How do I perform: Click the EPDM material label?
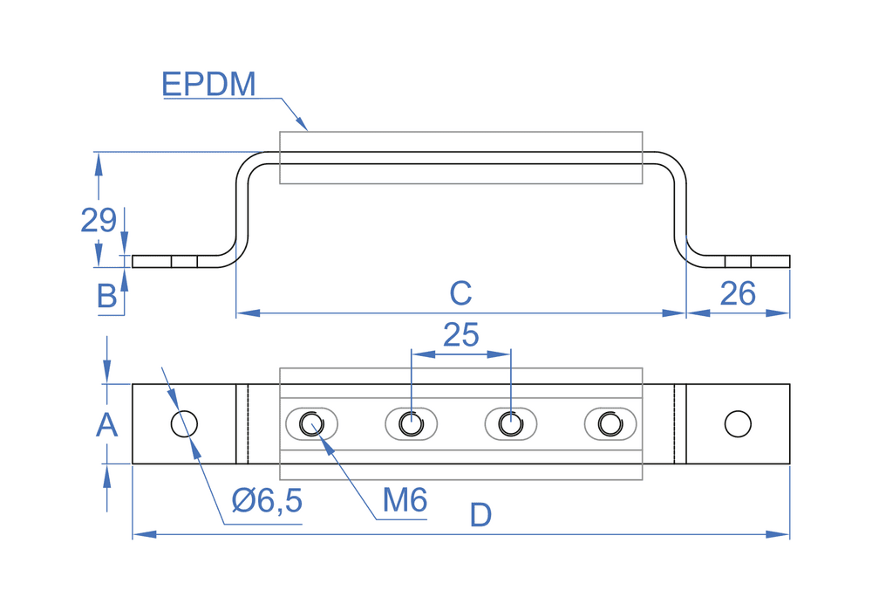208,85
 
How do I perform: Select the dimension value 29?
98,220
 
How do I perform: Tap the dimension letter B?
106,297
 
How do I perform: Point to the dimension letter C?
460,293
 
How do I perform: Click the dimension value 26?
737,294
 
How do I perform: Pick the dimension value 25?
460,334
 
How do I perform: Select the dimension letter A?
106,425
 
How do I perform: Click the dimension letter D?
480,516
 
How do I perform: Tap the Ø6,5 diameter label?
267,501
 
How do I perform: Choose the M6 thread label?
405,500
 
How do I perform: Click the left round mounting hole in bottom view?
184,423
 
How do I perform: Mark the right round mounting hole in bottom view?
738,423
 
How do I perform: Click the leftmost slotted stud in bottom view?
311,424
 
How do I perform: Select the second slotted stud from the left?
411,424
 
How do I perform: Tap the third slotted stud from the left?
510,424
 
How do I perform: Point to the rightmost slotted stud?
610,424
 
